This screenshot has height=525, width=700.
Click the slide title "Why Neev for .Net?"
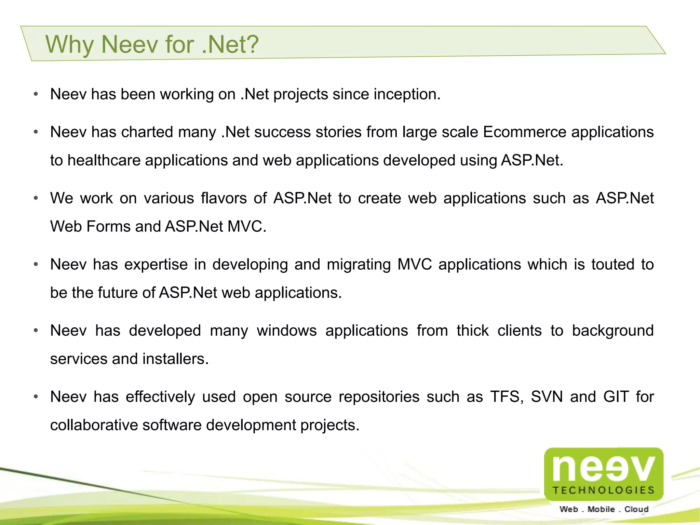pyautogui.click(x=152, y=44)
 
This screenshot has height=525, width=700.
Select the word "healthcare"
pyautogui.click(x=104, y=161)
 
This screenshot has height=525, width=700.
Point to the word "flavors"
pyautogui.click(x=224, y=198)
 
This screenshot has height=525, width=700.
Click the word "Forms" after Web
pyautogui.click(x=108, y=227)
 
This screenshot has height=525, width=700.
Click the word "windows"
pyautogui.click(x=287, y=331)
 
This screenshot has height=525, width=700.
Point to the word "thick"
pyautogui.click(x=473, y=331)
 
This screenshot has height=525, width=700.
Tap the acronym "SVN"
pyautogui.click(x=547, y=397)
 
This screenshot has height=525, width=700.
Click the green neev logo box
pyautogui.click(x=604, y=473)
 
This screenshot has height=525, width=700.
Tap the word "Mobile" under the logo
pyautogui.click(x=601, y=509)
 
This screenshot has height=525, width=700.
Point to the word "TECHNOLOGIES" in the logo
pyautogui.click(x=604, y=490)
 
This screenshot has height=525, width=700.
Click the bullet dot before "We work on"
pyautogui.click(x=36, y=198)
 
